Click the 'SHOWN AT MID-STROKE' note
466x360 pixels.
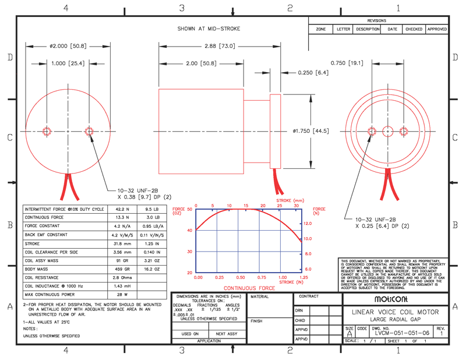click(x=209, y=29)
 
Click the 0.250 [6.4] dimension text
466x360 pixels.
click(x=313, y=73)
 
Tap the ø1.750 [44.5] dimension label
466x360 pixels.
click(x=310, y=131)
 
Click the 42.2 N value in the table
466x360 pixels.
click(x=121, y=209)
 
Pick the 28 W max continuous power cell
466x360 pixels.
click(x=121, y=295)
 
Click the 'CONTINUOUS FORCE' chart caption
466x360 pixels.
click(x=249, y=288)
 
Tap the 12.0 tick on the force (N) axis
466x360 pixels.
click(x=308, y=224)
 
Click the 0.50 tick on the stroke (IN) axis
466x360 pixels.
click(x=240, y=278)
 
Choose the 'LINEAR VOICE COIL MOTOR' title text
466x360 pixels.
click(x=394, y=312)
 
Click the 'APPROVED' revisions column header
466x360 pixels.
click(x=437, y=29)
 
